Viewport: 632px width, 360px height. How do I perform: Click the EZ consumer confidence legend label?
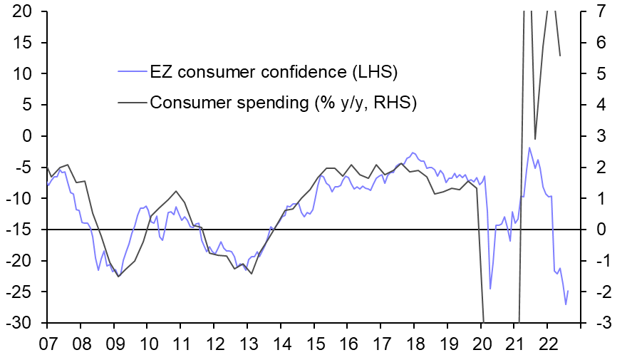coord(273,73)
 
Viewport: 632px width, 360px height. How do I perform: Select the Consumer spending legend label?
coord(283,102)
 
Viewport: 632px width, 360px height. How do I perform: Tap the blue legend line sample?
coord(132,73)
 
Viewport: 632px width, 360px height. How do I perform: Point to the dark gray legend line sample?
coord(132,102)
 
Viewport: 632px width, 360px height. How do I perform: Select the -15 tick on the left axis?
coord(21,230)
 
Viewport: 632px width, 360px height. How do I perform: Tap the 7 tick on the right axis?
coord(597,11)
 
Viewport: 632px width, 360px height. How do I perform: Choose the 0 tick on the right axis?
coord(597,230)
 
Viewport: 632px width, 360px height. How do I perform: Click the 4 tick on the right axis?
coord(597,105)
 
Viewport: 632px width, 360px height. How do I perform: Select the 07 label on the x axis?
coord(47,342)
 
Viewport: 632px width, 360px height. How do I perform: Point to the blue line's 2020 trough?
coord(490,289)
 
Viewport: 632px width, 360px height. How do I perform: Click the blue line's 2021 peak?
coord(529,148)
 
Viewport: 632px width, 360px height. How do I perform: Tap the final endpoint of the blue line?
coord(569,289)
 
